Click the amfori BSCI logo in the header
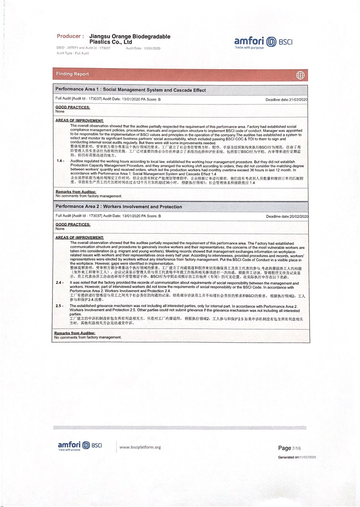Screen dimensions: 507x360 (263, 42)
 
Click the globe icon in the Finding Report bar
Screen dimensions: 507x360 (300, 75)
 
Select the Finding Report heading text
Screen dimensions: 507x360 (72, 74)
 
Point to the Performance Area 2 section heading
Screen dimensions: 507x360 (119, 207)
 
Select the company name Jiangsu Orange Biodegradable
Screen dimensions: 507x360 (130, 36)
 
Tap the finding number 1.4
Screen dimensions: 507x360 (60, 161)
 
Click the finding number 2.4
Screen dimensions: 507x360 (59, 282)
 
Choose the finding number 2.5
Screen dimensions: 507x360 (59, 306)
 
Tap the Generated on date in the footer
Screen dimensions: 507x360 (297, 457)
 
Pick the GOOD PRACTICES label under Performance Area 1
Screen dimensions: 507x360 (72, 107)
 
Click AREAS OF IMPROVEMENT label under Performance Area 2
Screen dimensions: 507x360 (80, 237)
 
